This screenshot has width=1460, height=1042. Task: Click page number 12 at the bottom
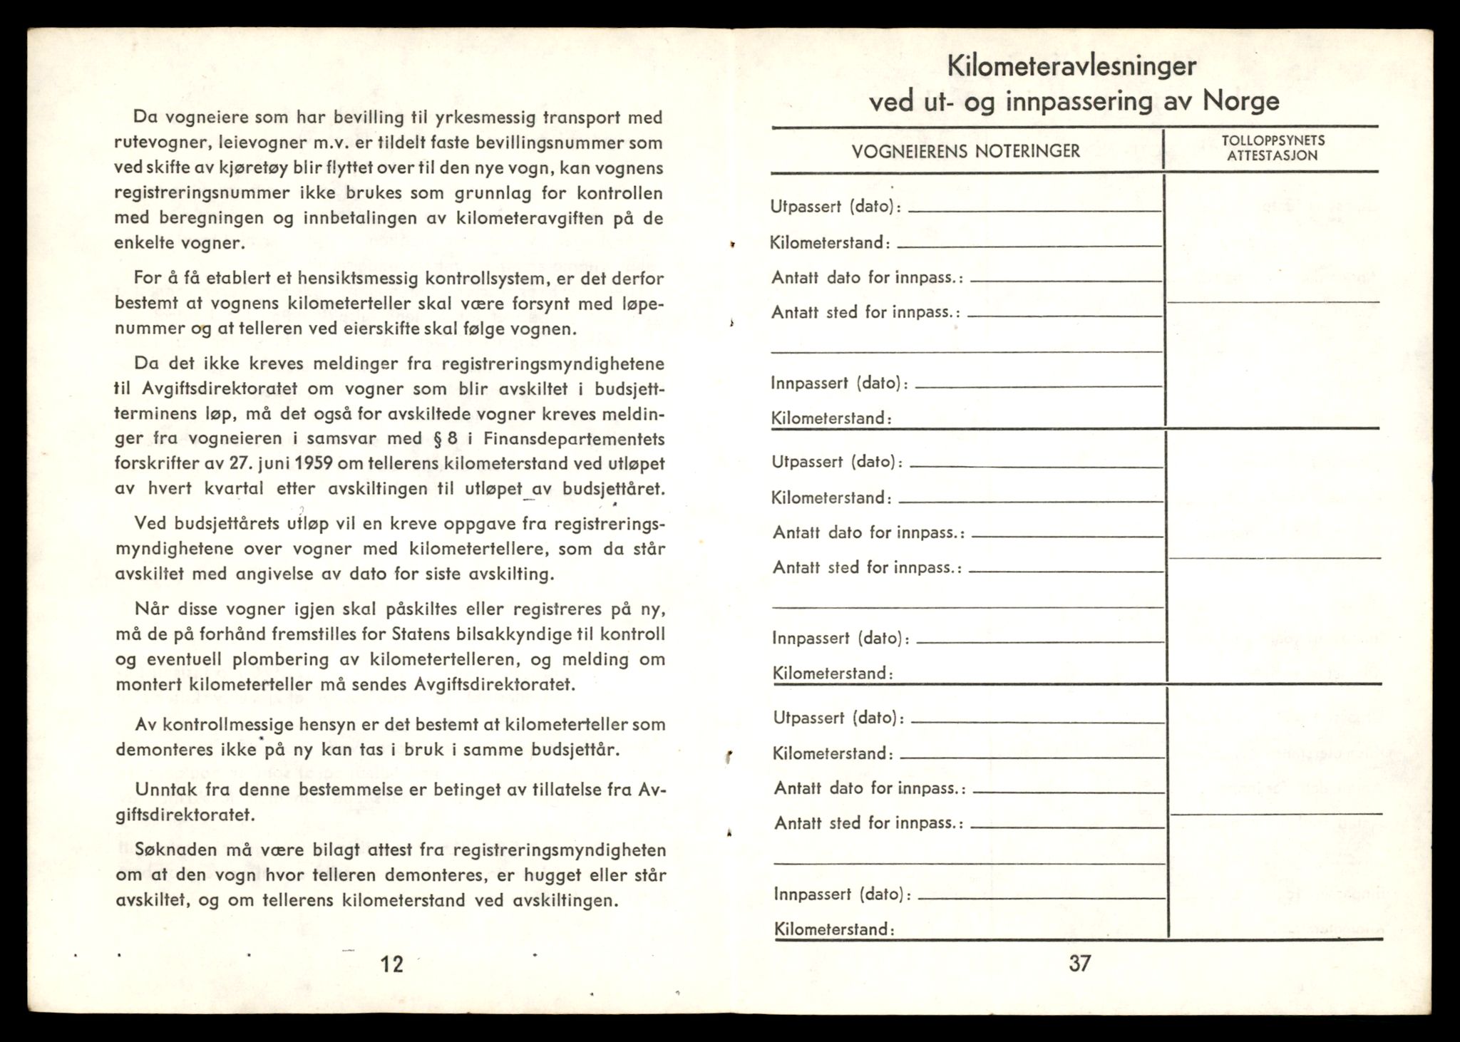392,964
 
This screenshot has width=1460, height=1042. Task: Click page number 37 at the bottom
1079,963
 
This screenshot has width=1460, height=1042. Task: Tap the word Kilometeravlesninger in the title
1071,66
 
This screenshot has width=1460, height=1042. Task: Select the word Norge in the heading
1241,100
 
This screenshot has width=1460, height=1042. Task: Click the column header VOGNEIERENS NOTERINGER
966,151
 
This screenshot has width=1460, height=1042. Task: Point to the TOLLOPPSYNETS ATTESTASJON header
1273,148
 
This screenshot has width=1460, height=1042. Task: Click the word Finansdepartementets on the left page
573,438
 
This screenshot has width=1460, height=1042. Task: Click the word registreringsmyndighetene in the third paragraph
553,364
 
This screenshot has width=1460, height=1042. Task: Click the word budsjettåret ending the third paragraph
613,489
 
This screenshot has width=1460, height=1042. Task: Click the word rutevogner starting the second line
153,143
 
